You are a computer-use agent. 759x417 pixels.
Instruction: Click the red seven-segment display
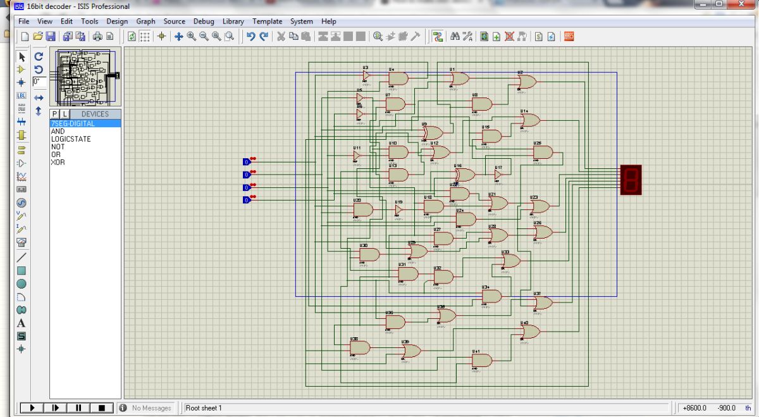[x=631, y=179]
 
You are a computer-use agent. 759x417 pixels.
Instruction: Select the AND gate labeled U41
[x=481, y=361]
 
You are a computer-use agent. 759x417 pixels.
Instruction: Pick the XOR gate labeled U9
[x=433, y=133]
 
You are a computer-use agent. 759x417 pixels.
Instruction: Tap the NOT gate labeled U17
[x=498, y=174]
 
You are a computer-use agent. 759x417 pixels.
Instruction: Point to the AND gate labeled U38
[x=360, y=348]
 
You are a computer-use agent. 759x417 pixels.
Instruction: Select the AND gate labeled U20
[x=363, y=209]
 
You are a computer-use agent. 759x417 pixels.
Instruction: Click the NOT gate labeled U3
[x=366, y=75]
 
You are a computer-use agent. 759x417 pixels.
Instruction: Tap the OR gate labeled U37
[x=543, y=303]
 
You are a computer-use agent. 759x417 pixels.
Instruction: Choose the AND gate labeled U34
[x=491, y=296]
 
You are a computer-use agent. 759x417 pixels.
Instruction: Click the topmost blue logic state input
[x=247, y=161]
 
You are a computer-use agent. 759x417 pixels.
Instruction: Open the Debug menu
[x=204, y=22]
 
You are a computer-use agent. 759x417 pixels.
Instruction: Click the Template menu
[x=267, y=22]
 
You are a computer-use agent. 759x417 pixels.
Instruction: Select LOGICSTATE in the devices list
[x=71, y=139]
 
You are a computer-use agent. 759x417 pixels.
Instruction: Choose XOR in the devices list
[x=58, y=163]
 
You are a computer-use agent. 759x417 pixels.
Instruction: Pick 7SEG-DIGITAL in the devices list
[x=73, y=123]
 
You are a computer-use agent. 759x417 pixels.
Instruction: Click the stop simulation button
[x=101, y=408]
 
